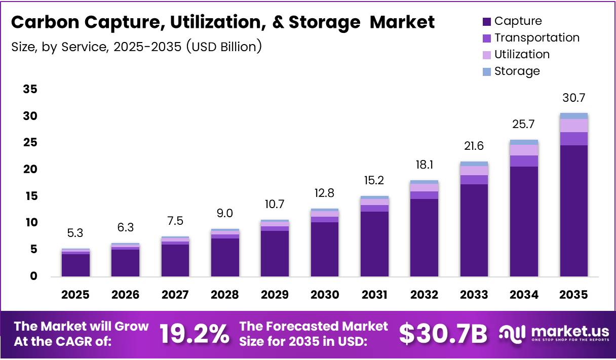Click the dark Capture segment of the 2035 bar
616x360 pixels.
573,211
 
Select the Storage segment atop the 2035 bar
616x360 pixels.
573,116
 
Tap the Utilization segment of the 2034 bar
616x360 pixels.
524,150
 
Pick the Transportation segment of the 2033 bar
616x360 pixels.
474,180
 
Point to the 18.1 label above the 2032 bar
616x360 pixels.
425,165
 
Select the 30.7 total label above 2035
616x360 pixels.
573,98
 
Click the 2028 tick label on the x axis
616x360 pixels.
224,295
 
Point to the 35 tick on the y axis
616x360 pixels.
30,90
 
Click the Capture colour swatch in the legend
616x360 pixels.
487,21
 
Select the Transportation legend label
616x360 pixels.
536,37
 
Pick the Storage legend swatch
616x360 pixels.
487,71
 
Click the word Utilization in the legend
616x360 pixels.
522,54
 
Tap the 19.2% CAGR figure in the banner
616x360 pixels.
194,334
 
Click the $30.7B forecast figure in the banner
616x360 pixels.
443,334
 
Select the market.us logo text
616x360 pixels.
570,332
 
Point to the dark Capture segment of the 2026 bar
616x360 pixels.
125,262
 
